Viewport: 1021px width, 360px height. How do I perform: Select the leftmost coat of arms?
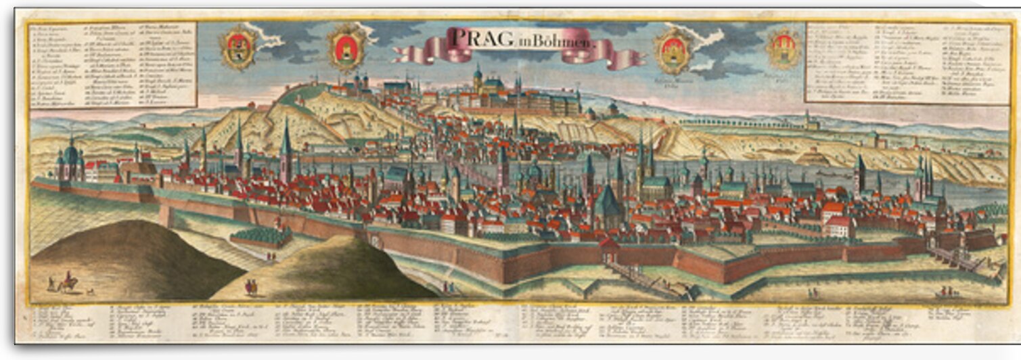238,47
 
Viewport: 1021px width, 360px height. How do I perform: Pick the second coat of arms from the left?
347,47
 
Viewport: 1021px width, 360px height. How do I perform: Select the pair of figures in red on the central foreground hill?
250,287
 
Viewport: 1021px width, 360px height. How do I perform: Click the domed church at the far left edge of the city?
71,161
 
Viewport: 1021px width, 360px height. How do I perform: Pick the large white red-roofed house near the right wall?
840,226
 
